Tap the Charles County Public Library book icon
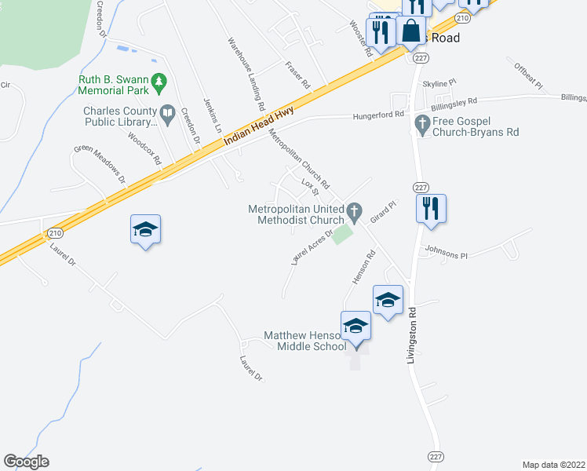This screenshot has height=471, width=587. coord(167,115)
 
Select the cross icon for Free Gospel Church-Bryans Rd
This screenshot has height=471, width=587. coord(422,123)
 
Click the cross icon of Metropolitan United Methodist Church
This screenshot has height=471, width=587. coord(354,210)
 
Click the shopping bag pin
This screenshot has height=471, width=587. coord(410,31)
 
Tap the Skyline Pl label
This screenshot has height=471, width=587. coord(439,82)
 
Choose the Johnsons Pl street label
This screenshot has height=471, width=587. coord(446,255)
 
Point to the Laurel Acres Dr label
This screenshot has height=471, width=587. coord(312,246)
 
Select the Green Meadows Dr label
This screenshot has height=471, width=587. coord(100,163)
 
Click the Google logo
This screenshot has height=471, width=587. coord(26,462)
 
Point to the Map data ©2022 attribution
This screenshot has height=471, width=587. coord(553,465)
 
